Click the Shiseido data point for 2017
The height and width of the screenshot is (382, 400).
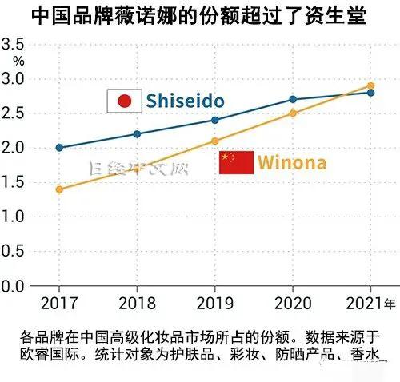pyautogui.click(x=59, y=148)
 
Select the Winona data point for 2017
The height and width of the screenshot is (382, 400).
pyautogui.click(x=59, y=189)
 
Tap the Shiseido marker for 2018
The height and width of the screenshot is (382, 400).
pyautogui.click(x=137, y=134)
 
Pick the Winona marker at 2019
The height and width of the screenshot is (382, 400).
pyautogui.click(x=214, y=141)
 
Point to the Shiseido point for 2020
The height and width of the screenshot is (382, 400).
pyautogui.click(x=293, y=99)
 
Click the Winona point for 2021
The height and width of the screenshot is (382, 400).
pyautogui.click(x=370, y=86)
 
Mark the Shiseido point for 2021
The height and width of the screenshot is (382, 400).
pyautogui.click(x=370, y=93)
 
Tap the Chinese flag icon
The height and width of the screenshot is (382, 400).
pyautogui.click(x=236, y=162)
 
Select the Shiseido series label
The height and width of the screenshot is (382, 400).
pyautogui.click(x=184, y=101)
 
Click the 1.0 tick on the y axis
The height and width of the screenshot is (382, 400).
pyautogui.click(x=14, y=217)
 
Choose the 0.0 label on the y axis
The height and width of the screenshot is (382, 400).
pyautogui.click(x=14, y=285)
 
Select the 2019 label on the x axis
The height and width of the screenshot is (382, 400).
pyautogui.click(x=214, y=304)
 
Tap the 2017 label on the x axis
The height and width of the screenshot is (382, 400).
pyautogui.click(x=59, y=304)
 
